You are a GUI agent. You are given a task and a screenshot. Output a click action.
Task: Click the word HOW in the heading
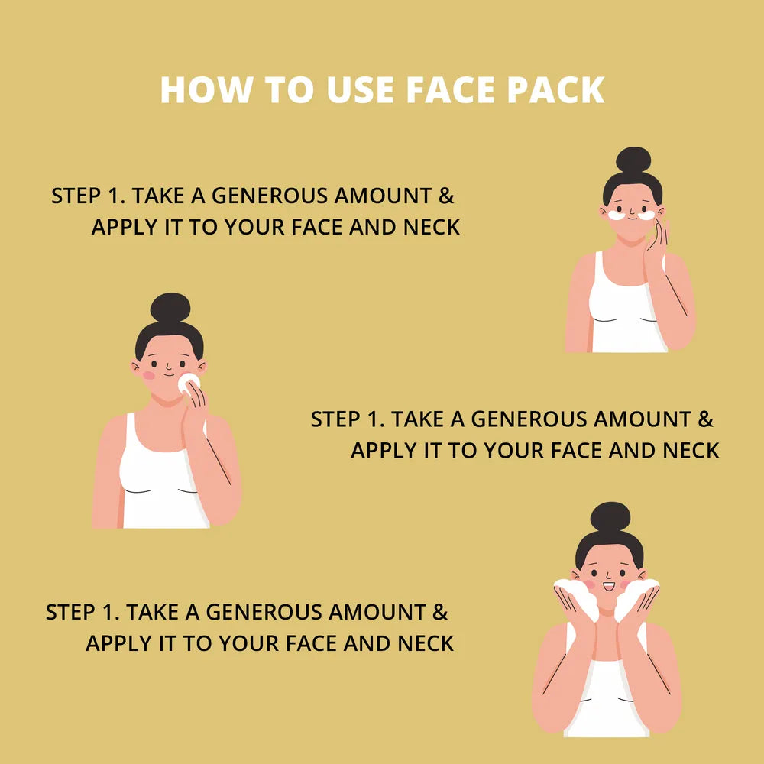point(206,90)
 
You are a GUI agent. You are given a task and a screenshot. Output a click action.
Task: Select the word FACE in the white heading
point(449,90)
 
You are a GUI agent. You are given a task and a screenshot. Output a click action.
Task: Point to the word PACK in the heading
point(555,90)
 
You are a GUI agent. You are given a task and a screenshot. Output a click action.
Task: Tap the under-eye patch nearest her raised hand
point(646,215)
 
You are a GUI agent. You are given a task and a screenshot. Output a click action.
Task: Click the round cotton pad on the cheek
point(188,383)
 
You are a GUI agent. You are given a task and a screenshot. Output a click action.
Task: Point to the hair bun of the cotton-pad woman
point(170,308)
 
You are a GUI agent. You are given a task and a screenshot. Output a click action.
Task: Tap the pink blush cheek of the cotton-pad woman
point(149,375)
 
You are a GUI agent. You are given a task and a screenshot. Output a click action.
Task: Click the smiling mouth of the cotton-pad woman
point(169,374)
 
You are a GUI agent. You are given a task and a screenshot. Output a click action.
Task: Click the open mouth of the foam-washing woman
point(609,586)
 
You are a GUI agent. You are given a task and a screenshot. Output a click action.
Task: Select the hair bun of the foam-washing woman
point(610,517)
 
